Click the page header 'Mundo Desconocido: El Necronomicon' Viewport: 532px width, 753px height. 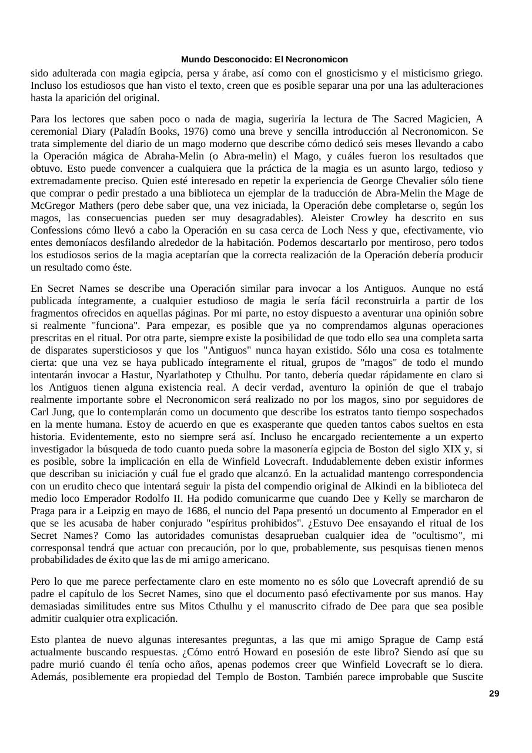(265, 59)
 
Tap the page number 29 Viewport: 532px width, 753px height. (494, 694)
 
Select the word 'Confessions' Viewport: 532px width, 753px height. (54, 230)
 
